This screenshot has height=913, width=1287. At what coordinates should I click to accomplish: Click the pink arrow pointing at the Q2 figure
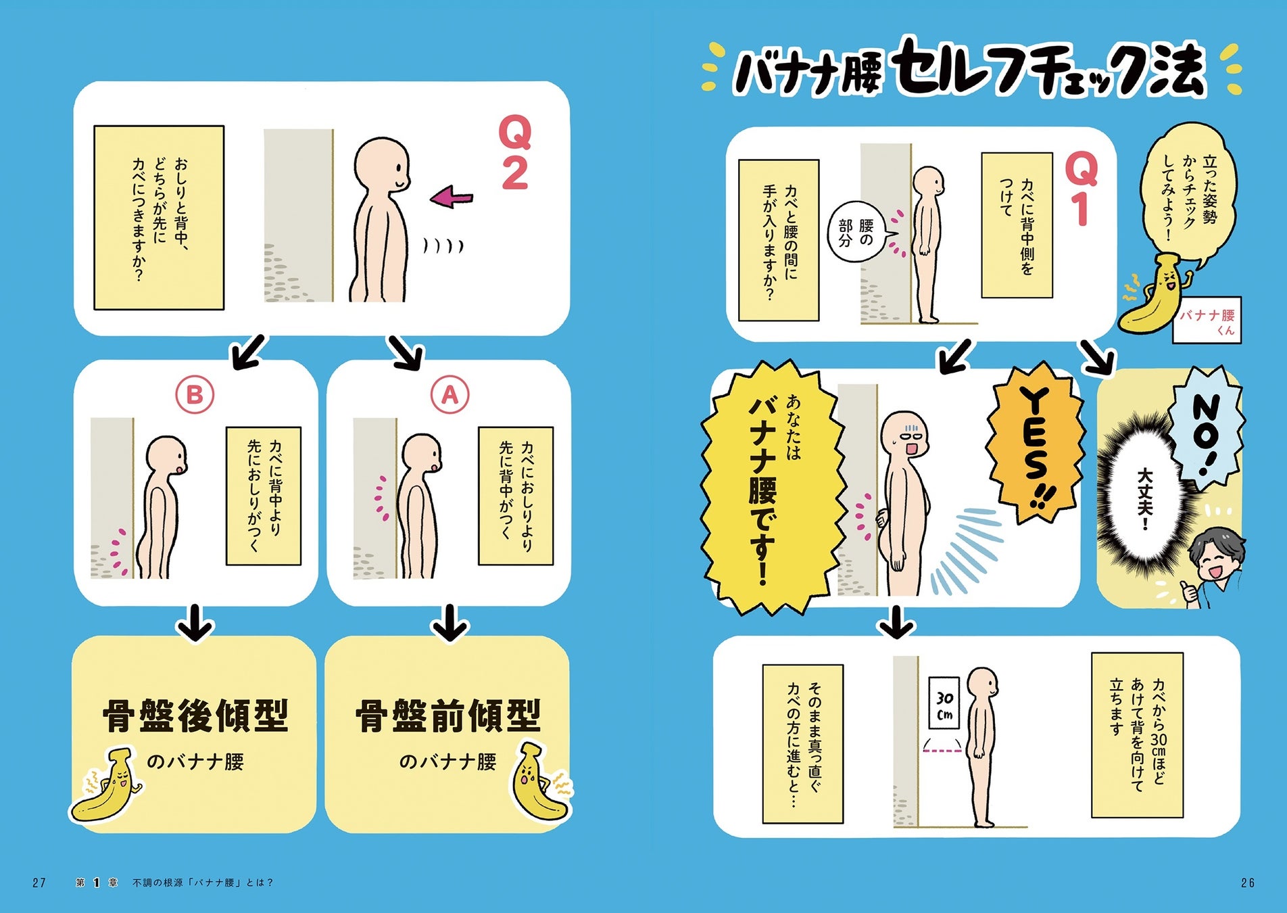[x=452, y=197]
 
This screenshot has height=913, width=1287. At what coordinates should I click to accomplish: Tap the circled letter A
[x=450, y=395]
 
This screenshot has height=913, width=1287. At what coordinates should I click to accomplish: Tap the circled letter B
[x=195, y=395]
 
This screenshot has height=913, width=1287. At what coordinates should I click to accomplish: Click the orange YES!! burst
[x=1033, y=445]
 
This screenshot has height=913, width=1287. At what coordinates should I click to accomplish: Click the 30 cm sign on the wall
[x=944, y=703]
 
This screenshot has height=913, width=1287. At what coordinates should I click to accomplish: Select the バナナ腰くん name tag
[x=1207, y=321]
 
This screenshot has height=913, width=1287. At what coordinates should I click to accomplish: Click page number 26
[x=1248, y=883]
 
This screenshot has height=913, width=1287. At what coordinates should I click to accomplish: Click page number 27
[x=39, y=883]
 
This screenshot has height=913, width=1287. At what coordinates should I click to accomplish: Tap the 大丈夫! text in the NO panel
[x=1144, y=499]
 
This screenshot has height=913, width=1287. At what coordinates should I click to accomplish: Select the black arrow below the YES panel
[x=896, y=622]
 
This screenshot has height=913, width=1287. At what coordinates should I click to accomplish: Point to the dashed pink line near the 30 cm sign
[x=942, y=750]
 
